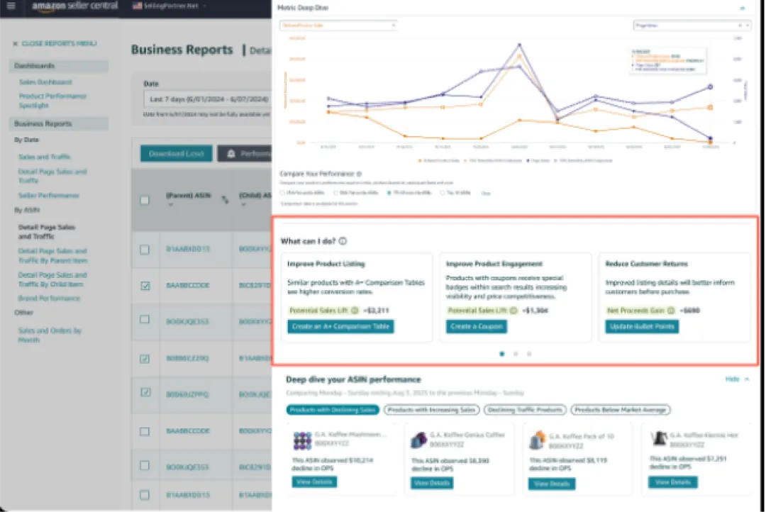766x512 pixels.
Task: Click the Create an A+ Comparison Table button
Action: [340, 327]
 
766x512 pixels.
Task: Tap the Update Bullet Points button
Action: [642, 327]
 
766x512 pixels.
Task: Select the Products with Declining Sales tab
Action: [332, 410]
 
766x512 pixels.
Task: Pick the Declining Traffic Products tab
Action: [525, 410]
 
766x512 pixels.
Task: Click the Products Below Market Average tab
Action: [621, 410]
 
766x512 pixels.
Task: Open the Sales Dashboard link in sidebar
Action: [45, 82]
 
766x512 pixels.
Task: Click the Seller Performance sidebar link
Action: [49, 195]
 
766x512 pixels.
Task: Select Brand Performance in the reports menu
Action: [49, 299]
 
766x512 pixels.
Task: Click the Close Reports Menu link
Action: [55, 44]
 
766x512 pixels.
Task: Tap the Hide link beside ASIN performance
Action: [733, 379]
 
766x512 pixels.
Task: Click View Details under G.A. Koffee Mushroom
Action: [314, 482]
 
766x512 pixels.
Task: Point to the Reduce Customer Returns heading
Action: [646, 264]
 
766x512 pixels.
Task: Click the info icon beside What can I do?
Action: [343, 241]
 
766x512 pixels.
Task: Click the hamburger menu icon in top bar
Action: [11, 6]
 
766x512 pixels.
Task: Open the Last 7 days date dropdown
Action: [206, 99]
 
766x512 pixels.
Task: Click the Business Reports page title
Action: [182, 50]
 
